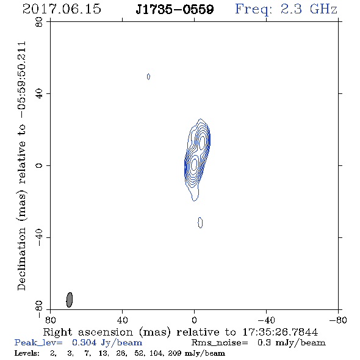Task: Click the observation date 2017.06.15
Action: click(62, 9)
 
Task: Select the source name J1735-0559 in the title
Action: click(175, 9)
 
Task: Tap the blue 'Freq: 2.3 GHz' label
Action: click(286, 9)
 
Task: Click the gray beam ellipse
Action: click(70, 300)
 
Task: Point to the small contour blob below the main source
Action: click(200, 223)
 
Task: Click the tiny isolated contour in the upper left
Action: click(148, 76)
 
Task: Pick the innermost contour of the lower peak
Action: click(194, 164)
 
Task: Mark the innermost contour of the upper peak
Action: click(202, 143)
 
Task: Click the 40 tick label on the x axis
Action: click(122, 320)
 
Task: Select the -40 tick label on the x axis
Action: click(266, 320)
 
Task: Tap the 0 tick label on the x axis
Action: click(194, 320)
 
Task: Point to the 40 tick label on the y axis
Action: click(39, 94)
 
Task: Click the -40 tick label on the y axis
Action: click(39, 237)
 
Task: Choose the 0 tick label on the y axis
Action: click(39, 165)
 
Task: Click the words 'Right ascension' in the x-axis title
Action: click(88, 332)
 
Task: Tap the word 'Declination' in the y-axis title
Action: click(21, 259)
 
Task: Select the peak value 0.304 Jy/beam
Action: click(107, 343)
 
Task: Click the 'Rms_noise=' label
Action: click(220, 343)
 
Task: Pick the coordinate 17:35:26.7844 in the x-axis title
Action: click(280, 332)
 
